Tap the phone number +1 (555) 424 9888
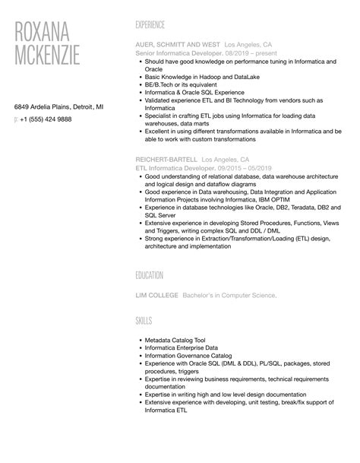[46, 119]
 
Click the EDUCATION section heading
[150, 275]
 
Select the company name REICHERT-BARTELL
[165, 160]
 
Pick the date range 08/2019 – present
[254, 53]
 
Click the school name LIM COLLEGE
[157, 294]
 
